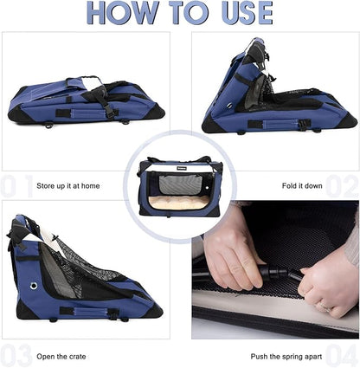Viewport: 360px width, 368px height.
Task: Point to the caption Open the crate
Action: click(62, 356)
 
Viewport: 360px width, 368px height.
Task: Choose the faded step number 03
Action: click(17, 355)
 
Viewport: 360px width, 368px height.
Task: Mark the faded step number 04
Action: click(343, 355)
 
